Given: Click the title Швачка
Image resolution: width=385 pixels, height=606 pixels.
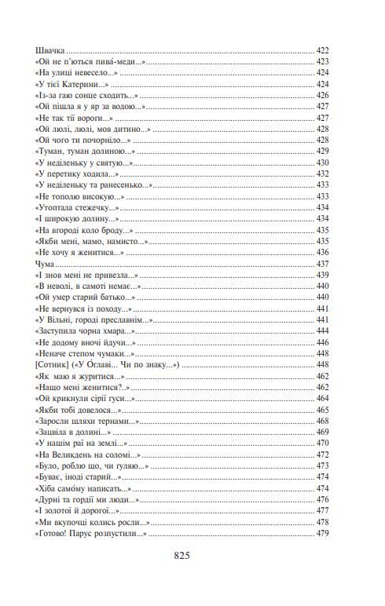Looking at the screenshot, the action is (x=51, y=49).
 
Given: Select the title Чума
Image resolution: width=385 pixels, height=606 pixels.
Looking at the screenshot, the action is (x=46, y=264).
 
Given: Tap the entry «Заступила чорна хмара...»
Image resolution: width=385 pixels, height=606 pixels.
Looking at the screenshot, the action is (x=86, y=331).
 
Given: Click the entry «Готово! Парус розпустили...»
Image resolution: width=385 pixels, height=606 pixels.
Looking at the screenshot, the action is (x=91, y=534).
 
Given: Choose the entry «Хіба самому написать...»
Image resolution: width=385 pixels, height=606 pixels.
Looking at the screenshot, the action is (x=82, y=488).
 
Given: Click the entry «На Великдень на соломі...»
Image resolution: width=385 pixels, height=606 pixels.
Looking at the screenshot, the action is (x=88, y=454).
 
